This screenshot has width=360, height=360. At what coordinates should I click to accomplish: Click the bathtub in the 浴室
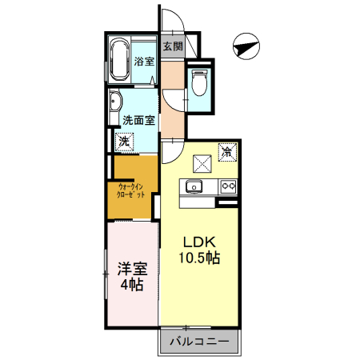pos(120,59)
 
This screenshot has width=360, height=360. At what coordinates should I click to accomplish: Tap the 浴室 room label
pos(144,62)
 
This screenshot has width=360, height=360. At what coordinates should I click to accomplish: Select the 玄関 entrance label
pos(173,46)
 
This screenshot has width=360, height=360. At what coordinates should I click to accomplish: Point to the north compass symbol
pos(246,46)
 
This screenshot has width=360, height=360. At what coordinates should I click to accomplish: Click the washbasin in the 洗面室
pos(115,102)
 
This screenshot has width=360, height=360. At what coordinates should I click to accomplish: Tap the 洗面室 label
pos(138,120)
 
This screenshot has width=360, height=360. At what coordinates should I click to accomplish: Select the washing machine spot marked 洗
pos(124,142)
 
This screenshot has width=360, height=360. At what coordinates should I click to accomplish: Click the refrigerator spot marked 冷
pos(227,152)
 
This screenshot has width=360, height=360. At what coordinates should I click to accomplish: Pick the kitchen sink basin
pos(194,186)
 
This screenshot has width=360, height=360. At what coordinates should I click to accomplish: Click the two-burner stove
pos(228,186)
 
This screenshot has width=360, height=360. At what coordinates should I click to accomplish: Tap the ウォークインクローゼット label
pos(130,190)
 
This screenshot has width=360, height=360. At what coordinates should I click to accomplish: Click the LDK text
pos(199,242)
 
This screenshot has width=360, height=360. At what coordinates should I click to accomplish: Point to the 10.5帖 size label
pos(199,258)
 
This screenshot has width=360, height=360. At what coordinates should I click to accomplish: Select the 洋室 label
pos(132,269)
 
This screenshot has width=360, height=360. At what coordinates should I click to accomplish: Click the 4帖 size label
pos(132,285)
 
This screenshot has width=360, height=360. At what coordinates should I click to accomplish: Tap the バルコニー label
pos(199,342)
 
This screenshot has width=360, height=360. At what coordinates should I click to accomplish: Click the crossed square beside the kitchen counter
pos(202,164)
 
